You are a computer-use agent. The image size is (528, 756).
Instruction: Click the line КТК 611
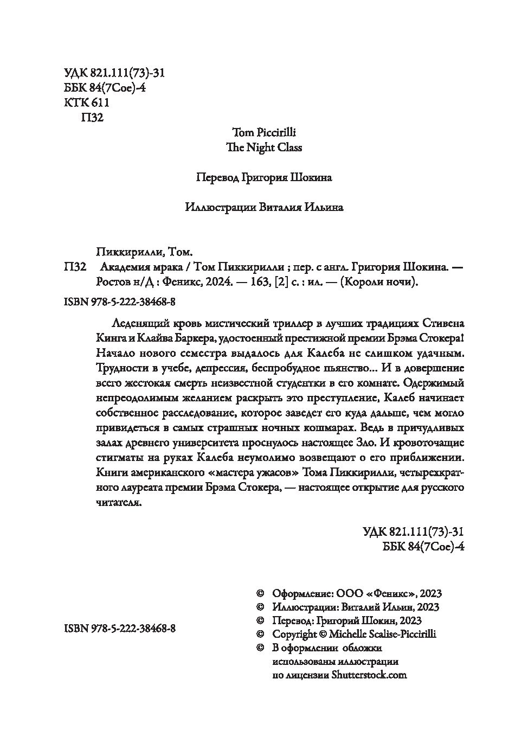point(87,103)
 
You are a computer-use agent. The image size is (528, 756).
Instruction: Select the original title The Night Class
point(264,148)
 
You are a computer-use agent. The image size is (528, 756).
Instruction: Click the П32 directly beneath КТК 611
point(91,118)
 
